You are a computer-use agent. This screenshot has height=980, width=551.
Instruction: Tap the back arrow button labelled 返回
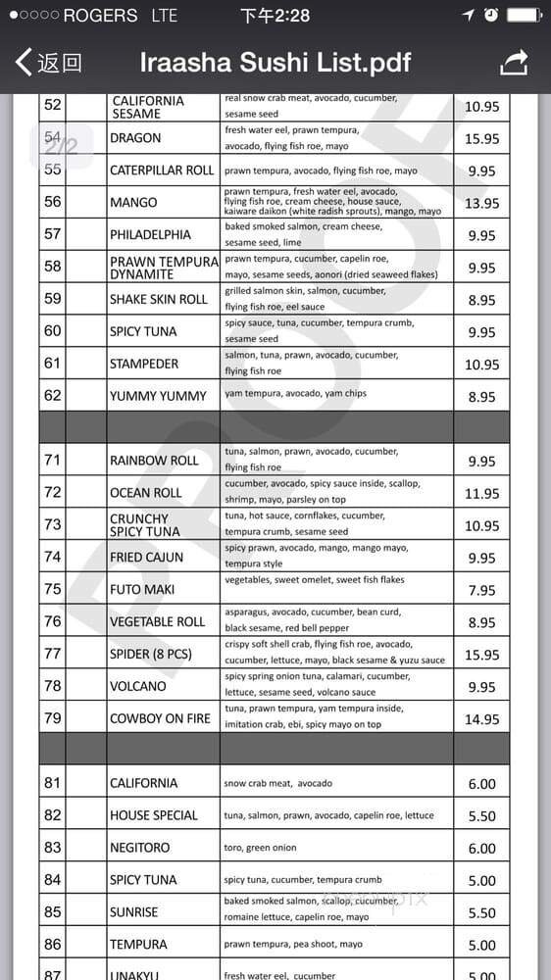48,64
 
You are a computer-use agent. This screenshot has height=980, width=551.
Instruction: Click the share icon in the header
514,63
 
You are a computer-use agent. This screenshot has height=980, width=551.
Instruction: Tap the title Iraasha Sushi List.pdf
275,64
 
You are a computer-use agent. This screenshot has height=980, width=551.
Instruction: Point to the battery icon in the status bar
524,15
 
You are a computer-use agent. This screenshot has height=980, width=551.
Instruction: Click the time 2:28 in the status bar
275,15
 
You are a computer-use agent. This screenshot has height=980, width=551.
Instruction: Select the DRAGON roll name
135,138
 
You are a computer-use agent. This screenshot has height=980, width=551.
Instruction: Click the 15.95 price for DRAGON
481,138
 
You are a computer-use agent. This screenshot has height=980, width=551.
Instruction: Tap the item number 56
53,202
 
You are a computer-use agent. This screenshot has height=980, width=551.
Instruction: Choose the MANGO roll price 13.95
481,203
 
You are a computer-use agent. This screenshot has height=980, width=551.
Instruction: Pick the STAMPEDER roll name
144,364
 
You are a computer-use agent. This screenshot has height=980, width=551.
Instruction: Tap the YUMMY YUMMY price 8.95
481,397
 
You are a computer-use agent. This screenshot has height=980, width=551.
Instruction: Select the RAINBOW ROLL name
154,461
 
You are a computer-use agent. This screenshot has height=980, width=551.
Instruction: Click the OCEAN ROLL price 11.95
481,493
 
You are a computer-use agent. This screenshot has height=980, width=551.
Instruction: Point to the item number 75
53,589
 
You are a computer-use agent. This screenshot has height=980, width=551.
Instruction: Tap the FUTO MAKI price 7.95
481,590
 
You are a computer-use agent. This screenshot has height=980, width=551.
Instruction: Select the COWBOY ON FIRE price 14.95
481,718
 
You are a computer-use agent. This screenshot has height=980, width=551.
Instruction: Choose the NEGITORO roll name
139,848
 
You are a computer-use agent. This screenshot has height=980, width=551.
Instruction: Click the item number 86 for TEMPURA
53,945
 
